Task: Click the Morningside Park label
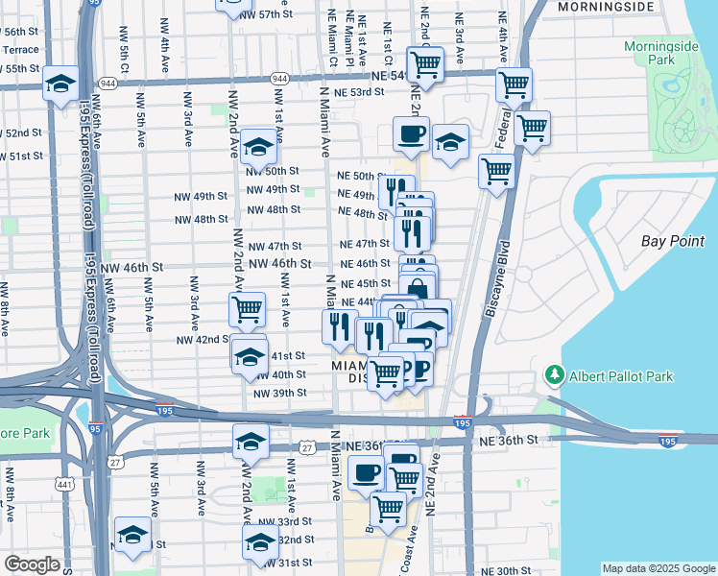click(x=661, y=55)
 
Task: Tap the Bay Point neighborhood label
click(x=674, y=241)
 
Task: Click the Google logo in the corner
click(x=32, y=564)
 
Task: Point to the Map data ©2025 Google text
click(x=658, y=568)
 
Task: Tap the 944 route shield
click(x=279, y=78)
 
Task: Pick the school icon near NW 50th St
click(x=257, y=147)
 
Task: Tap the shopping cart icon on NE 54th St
click(x=425, y=63)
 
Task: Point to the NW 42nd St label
click(x=202, y=340)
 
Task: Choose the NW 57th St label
click(x=267, y=15)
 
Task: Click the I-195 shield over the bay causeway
click(x=668, y=442)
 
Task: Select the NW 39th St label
click(x=279, y=393)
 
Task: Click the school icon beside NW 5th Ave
click(x=132, y=535)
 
